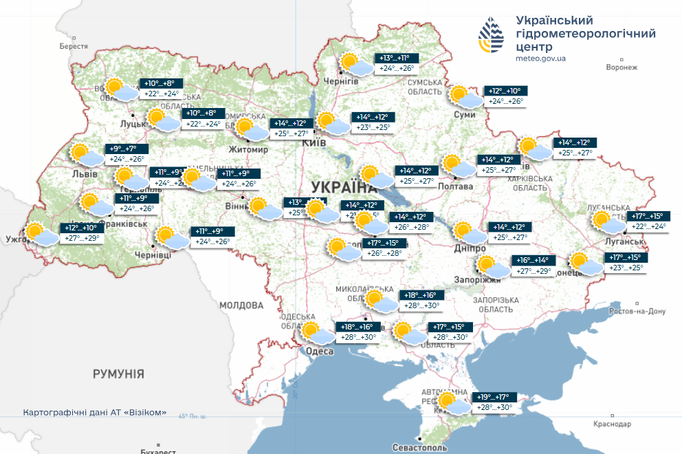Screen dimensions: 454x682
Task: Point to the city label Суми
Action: (464, 114)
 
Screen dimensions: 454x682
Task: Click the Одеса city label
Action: (320, 352)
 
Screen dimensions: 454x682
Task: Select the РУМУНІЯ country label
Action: (118, 374)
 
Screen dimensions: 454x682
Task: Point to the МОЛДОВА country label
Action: (241, 305)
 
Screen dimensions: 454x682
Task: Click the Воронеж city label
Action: (622, 67)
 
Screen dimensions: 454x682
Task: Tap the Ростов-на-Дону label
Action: (639, 312)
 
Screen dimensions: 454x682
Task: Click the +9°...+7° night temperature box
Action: (123, 148)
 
